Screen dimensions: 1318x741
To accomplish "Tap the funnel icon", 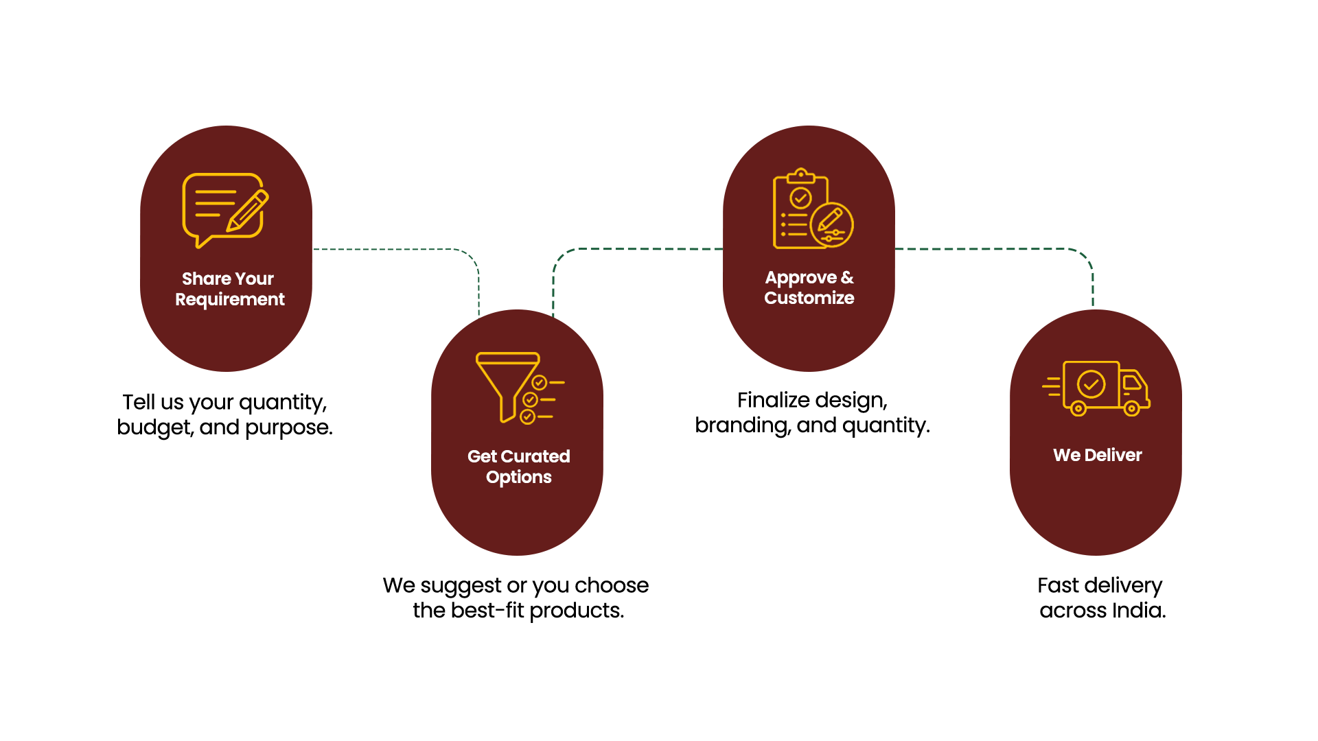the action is point(508,386).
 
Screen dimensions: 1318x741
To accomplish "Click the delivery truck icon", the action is point(1096,388).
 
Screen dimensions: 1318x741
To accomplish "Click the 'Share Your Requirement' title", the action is point(229,289).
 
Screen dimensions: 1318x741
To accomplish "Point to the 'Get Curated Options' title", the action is point(518,467).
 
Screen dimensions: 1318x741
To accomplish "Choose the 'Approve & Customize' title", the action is point(809,287).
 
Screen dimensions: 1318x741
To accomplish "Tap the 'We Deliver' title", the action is point(1097,455).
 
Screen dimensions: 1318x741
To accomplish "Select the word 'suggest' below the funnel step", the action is point(461,586).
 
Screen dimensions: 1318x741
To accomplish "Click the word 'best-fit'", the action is point(487,610).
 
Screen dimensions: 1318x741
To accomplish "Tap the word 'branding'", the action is point(743,425).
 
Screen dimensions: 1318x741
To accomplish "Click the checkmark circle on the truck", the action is point(1091,384).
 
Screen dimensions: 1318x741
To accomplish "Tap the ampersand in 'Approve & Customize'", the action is point(847,277).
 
